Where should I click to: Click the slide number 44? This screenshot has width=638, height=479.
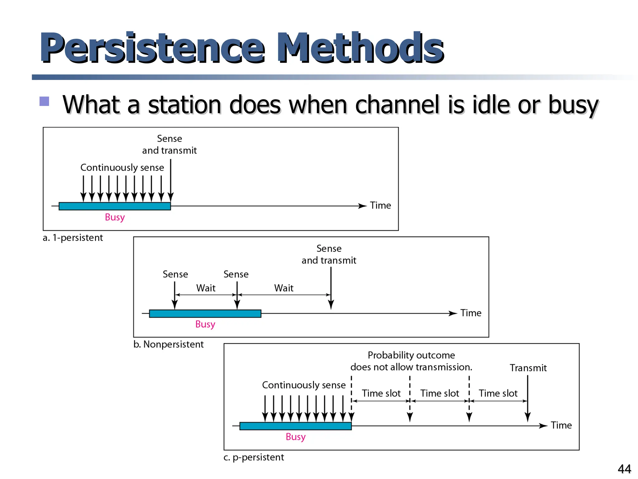624,469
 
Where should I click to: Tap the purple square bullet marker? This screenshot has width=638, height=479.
44,101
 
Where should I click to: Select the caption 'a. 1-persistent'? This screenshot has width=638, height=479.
73,238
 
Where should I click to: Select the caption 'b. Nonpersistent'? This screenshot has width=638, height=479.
168,344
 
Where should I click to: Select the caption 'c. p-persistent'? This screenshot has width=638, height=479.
254,457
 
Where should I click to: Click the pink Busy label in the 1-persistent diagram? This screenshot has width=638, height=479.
115,217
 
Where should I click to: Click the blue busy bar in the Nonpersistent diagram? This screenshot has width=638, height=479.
205,313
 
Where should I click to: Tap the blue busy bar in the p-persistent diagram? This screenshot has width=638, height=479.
295,426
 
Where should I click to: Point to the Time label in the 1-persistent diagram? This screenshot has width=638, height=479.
380,206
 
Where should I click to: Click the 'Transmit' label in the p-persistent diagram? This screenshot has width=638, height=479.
528,368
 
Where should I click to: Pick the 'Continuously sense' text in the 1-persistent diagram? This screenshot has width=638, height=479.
122,167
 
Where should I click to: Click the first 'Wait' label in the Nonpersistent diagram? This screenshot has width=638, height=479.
206,288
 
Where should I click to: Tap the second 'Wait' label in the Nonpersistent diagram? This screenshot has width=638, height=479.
283,288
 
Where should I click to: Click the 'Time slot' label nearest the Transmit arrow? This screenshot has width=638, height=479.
498,393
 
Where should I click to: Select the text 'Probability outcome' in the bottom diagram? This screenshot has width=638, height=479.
411,355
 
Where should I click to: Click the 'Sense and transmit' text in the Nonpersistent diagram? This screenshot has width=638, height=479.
329,254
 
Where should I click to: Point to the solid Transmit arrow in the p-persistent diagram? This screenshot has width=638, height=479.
527,399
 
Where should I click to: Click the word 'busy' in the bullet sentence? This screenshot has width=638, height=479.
573,105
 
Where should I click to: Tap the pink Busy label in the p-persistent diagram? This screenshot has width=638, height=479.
295,437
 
